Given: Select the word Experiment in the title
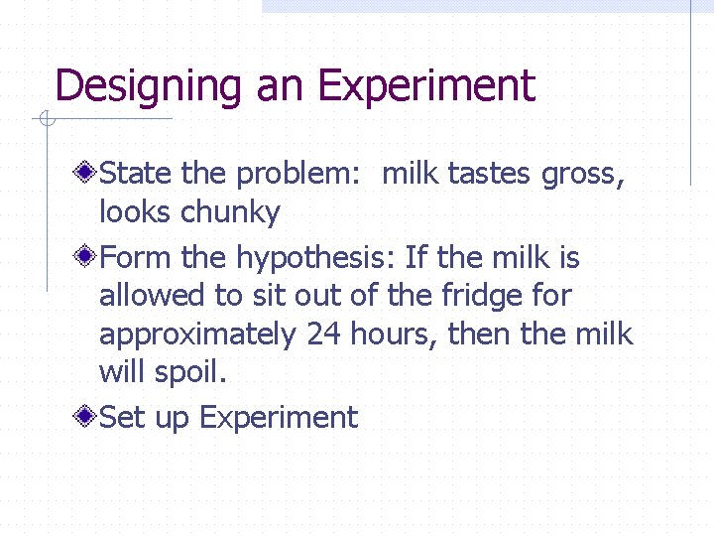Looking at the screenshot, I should click(x=426, y=87).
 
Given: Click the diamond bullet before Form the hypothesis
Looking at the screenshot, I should click(x=87, y=258).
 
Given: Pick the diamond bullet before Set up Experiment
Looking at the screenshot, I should click(x=87, y=417).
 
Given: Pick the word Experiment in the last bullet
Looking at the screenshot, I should click(x=278, y=418).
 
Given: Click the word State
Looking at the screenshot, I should click(x=137, y=175).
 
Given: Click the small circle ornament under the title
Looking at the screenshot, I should click(x=46, y=121).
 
